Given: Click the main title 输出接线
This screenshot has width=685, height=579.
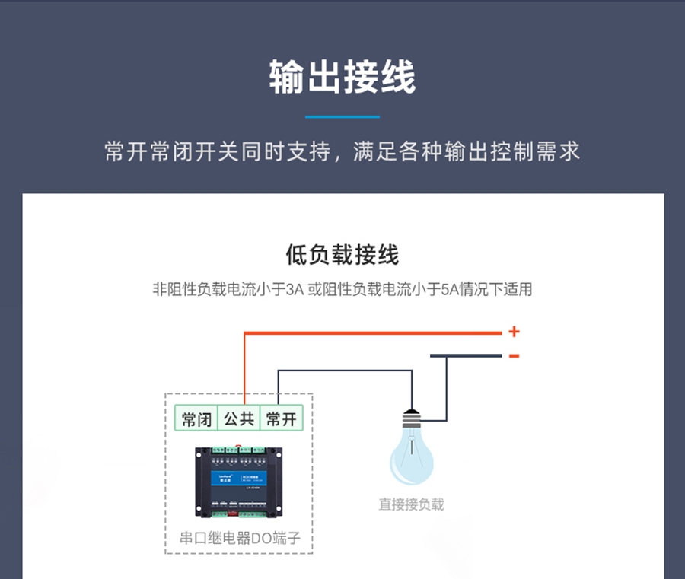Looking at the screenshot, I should point(342,78).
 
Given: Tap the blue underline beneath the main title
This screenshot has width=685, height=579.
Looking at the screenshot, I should point(342,117).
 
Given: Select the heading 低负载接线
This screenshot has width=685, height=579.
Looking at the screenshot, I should point(342,255).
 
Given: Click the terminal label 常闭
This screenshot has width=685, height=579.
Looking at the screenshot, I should point(196,419).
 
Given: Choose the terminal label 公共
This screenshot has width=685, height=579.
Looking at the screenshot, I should point(239,419).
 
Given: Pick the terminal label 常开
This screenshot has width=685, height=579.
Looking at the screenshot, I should point(282,419).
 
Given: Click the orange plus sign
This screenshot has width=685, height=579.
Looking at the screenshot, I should point(515,332).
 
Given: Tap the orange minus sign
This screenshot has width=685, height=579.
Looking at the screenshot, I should point(515,355).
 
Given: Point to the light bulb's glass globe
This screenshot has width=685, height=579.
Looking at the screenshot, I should point(411,460).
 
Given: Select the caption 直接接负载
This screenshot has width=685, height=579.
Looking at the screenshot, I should point(411,504).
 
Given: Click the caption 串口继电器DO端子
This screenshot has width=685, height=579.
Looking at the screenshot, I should point(240,539).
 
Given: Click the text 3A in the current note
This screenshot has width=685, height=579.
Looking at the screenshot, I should point(294,290).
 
